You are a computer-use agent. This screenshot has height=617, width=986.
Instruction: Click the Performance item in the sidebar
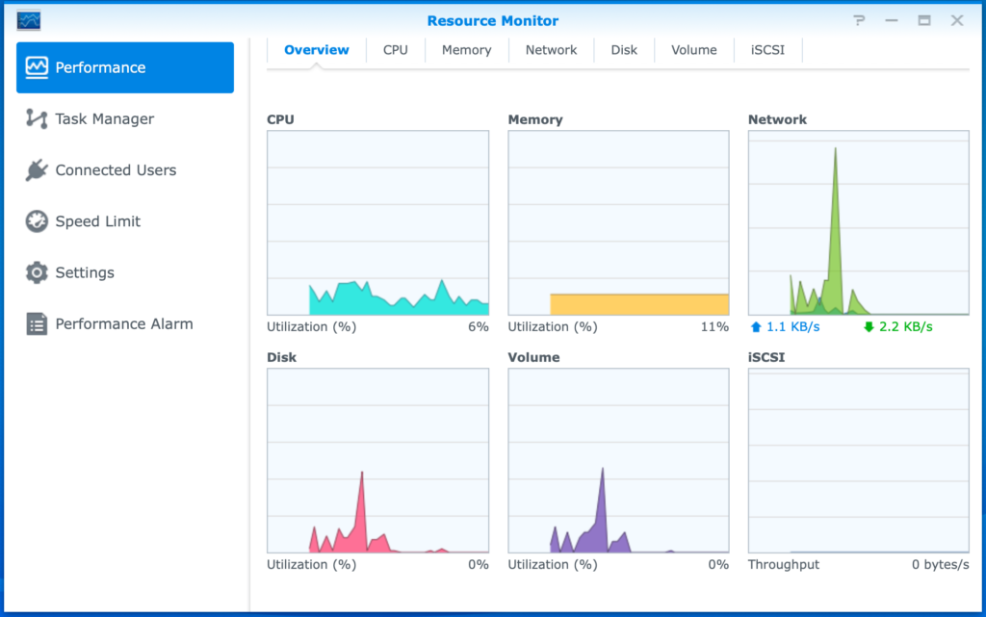[124, 67]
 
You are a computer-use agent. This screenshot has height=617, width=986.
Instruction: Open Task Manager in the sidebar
[104, 119]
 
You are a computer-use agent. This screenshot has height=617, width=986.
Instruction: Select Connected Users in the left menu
[116, 170]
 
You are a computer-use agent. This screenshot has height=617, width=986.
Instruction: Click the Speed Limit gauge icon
[37, 221]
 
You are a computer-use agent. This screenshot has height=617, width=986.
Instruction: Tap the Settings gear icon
[37, 272]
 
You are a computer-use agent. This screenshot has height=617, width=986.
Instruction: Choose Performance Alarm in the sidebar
[123, 323]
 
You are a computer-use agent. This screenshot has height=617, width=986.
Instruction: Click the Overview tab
[317, 50]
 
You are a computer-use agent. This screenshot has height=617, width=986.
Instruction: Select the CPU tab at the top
[396, 50]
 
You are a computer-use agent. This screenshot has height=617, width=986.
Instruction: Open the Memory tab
[466, 50]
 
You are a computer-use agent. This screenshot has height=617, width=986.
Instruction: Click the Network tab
[551, 50]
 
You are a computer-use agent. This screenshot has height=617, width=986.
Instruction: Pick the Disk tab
[624, 50]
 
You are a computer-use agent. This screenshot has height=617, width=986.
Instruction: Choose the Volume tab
[694, 50]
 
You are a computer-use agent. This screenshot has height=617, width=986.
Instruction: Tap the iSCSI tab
[767, 50]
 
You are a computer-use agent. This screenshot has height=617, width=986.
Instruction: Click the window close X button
[957, 20]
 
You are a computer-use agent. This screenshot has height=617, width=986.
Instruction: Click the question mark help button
[858, 20]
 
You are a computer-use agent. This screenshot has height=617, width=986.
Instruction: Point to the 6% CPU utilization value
[479, 327]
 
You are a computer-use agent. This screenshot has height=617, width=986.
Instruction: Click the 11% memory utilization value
[714, 327]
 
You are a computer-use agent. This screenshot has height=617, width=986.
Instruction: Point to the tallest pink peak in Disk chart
[362, 474]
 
